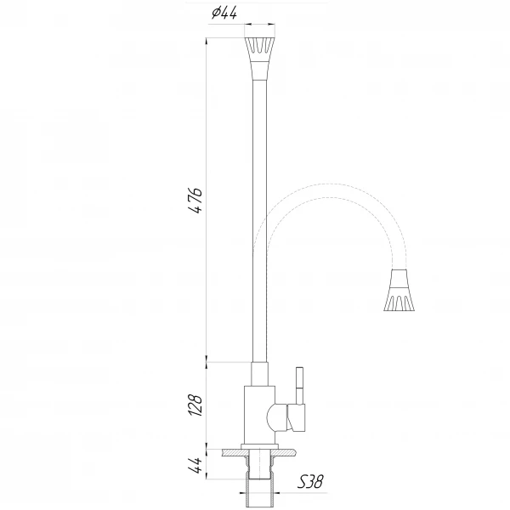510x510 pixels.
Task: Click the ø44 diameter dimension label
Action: click(224, 12)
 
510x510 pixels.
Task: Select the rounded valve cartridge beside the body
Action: click(275, 416)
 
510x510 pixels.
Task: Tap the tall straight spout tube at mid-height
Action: click(260, 212)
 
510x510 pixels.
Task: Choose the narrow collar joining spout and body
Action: click(260, 375)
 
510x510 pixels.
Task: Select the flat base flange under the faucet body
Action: click(260, 446)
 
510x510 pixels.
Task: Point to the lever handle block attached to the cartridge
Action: click(297, 416)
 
